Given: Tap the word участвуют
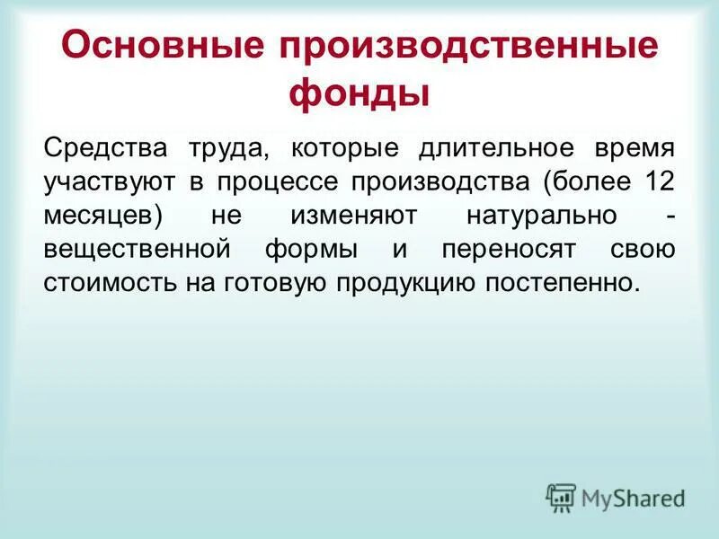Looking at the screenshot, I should (109, 182).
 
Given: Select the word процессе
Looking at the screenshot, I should (270, 182).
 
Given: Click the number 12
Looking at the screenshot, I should (660, 181).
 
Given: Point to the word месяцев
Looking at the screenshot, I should (102, 216).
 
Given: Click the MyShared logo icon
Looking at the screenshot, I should (561, 497).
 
